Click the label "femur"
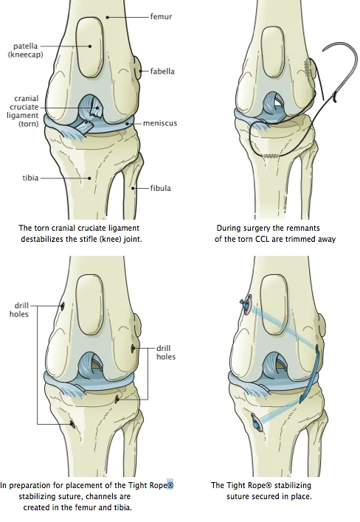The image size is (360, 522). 161,16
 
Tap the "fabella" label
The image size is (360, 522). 162,72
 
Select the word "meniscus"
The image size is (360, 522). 160,123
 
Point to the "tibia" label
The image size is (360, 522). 30,178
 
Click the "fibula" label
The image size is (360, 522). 161,188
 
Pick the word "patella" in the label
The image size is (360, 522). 25,46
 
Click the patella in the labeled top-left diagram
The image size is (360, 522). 89,46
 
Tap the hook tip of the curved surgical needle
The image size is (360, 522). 336,100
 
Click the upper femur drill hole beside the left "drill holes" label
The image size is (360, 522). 62,306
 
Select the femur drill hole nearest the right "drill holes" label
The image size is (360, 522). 133,349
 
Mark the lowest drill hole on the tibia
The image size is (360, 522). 72,424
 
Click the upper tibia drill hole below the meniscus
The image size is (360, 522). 117,399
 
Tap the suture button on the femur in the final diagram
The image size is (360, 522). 247,304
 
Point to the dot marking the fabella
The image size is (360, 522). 141,72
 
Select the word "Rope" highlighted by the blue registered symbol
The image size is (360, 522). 158,485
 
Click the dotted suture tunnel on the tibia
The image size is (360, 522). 271,156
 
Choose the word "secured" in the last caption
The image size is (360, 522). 269,497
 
